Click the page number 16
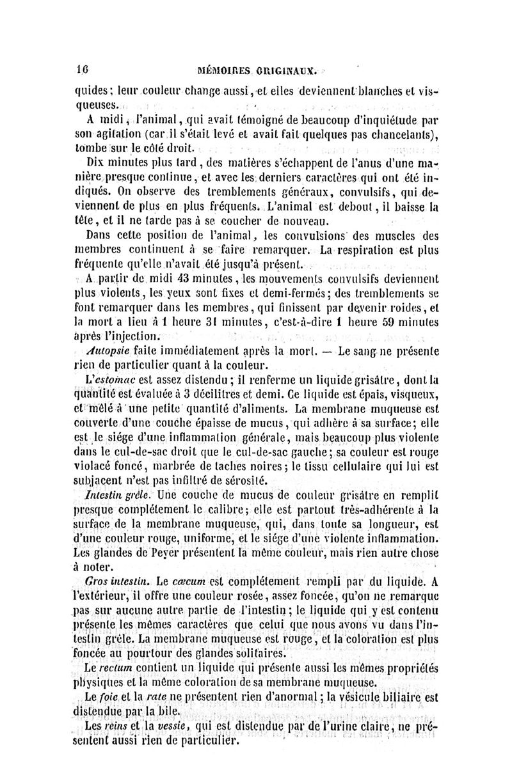[81, 70]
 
